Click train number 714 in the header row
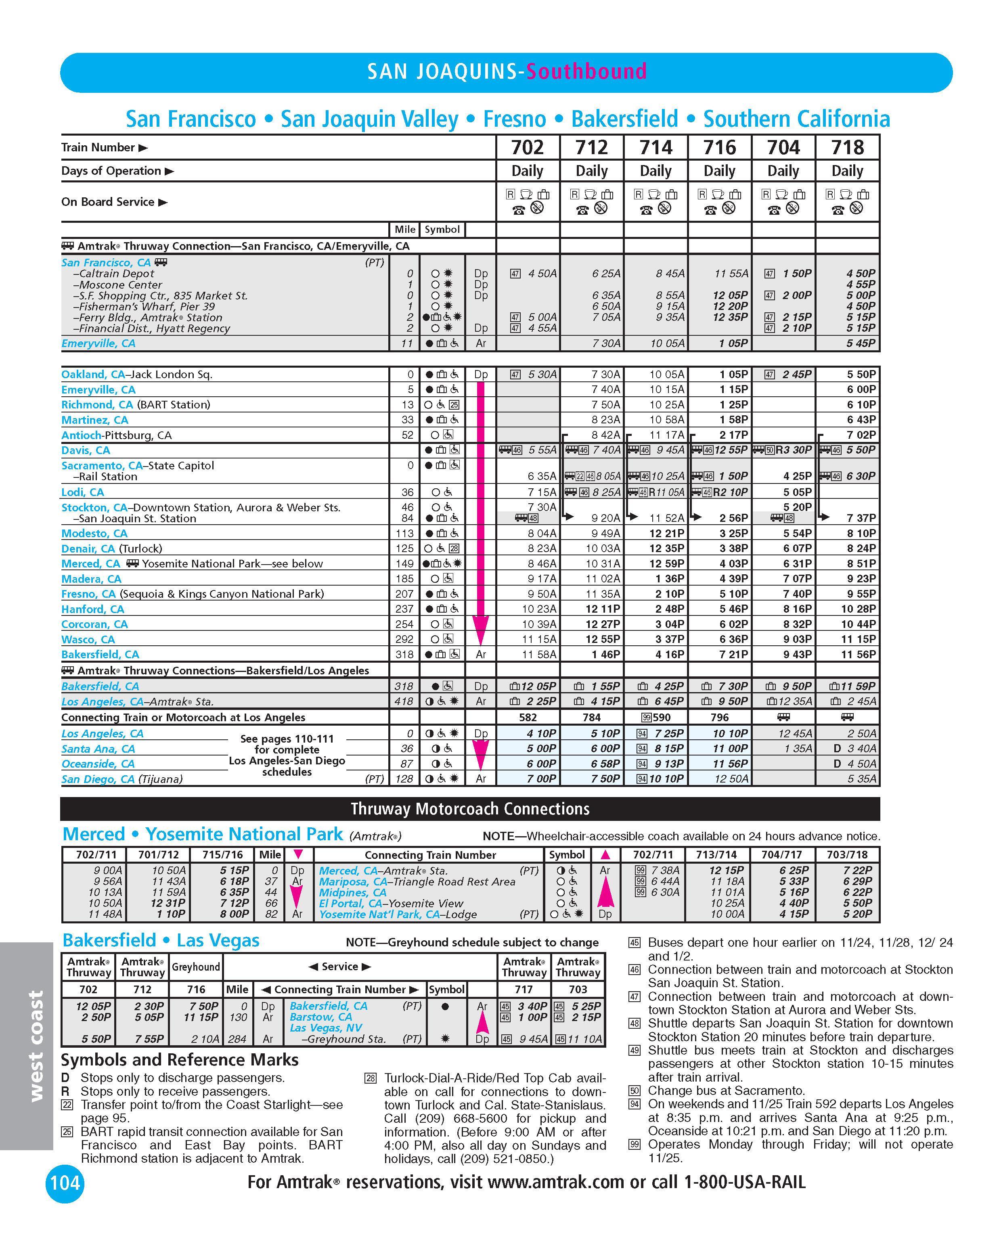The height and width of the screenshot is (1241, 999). click(x=656, y=147)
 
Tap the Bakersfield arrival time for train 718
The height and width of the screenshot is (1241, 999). click(x=858, y=655)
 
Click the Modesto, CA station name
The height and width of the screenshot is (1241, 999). click(x=94, y=534)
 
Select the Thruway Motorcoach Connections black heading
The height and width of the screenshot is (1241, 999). click(x=470, y=809)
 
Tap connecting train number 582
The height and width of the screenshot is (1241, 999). click(x=528, y=717)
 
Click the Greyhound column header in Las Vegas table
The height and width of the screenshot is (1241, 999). click(x=196, y=967)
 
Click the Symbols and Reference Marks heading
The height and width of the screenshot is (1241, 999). click(x=180, y=1060)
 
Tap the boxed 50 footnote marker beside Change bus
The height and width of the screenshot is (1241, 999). click(x=634, y=1091)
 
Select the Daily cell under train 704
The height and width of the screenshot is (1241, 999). click(x=783, y=171)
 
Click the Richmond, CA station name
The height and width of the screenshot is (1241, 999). click(x=97, y=405)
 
